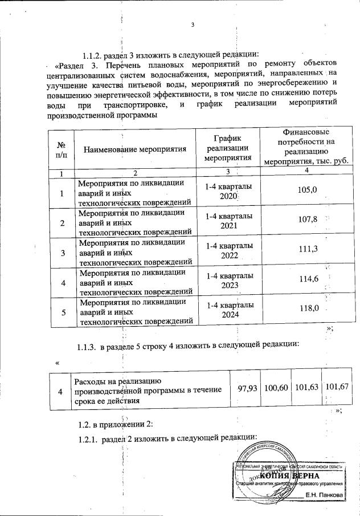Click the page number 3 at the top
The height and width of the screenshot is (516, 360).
coord(193,25)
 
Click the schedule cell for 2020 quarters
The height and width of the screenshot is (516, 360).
coord(227,191)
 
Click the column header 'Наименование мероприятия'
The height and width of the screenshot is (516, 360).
coord(136,150)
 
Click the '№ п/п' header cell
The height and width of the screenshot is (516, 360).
coord(61,150)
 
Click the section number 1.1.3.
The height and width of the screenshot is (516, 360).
coord(87,346)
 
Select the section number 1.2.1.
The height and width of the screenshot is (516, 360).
coord(87,437)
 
